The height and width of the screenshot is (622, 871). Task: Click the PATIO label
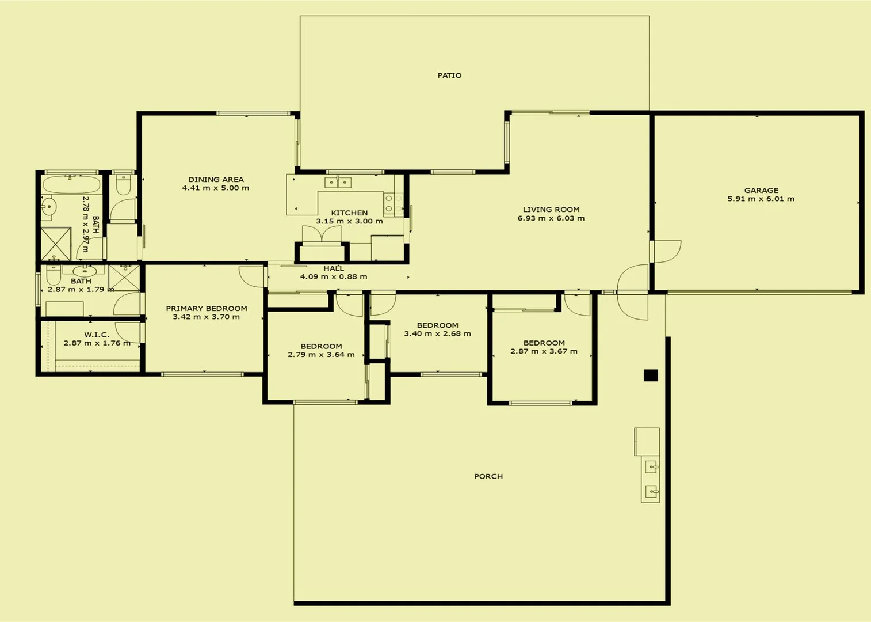pyautogui.click(x=449, y=75)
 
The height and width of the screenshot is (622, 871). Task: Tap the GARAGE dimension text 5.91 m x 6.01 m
pyautogui.click(x=761, y=199)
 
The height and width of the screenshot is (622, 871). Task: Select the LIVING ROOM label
pyautogui.click(x=551, y=210)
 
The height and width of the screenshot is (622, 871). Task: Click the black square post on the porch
pyautogui.click(x=651, y=376)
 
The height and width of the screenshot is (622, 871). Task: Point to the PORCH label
pyautogui.click(x=488, y=476)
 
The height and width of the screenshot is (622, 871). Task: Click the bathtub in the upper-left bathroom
pyautogui.click(x=71, y=185)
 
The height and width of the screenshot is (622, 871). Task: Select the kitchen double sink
pyautogui.click(x=338, y=183)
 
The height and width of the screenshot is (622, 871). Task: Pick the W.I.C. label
pyautogui.click(x=97, y=335)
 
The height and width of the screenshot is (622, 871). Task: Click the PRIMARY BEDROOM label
pyautogui.click(x=207, y=309)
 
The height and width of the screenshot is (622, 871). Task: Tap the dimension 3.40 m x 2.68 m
pyautogui.click(x=437, y=334)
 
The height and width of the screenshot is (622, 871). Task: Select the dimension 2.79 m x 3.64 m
pyautogui.click(x=321, y=355)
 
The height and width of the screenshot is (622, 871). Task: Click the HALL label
pyautogui.click(x=334, y=268)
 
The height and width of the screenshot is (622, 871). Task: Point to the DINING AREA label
pyautogui.click(x=216, y=180)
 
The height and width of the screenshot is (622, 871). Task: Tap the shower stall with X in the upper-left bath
pyautogui.click(x=55, y=244)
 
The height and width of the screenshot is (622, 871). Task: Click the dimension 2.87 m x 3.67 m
pyautogui.click(x=544, y=351)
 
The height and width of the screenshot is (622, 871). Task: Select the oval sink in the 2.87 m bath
pyautogui.click(x=84, y=270)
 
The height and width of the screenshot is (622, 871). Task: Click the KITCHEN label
pyautogui.click(x=349, y=213)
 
